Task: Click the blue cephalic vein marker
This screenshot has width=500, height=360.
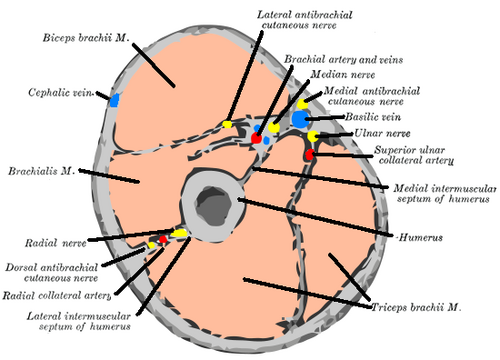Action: tap(114, 100)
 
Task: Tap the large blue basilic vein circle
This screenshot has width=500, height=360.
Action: tap(300, 120)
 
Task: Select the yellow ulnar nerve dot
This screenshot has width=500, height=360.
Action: tap(313, 136)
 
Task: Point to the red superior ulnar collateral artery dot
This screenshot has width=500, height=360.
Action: tap(310, 155)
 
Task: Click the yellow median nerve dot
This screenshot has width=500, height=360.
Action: tap(274, 127)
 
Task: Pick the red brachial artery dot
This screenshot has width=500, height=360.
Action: tap(256, 138)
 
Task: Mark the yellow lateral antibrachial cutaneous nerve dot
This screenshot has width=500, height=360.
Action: tap(227, 124)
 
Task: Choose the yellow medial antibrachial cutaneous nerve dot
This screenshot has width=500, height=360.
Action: tap(302, 104)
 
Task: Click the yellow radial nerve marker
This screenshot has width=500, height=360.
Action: tap(179, 233)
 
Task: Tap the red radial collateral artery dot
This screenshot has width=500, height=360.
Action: tap(163, 239)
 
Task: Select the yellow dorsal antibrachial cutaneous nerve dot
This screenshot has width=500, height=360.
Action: tap(151, 245)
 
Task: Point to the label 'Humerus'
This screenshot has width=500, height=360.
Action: tap(421, 238)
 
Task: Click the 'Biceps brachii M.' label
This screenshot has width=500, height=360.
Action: tap(85, 38)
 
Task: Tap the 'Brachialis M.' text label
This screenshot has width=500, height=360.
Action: tap(41, 171)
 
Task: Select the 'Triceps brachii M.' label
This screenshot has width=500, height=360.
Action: tap(416, 307)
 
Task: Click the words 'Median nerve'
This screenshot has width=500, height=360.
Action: tap(343, 74)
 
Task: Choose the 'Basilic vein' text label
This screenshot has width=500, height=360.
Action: tap(373, 117)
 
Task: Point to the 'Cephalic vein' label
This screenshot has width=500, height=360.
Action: tap(60, 92)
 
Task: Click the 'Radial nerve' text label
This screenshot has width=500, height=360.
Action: tap(56, 243)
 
